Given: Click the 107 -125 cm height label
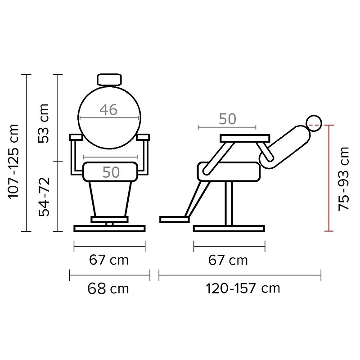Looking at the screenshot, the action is pos(13,161).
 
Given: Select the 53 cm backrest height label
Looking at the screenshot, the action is pos(44,123).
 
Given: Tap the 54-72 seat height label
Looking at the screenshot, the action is pos(44,197).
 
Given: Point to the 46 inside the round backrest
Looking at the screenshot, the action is pos(108,110).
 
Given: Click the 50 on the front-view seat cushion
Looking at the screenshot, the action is pos(111,172).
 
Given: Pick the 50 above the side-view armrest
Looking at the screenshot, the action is pos(227,119).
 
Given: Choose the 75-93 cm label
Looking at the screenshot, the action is pos(344,179).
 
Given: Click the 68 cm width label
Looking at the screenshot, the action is pos(108,288).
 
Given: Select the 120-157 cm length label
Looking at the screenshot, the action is pos(243,288).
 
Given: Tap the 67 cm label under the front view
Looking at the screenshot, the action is pos(109,260).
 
